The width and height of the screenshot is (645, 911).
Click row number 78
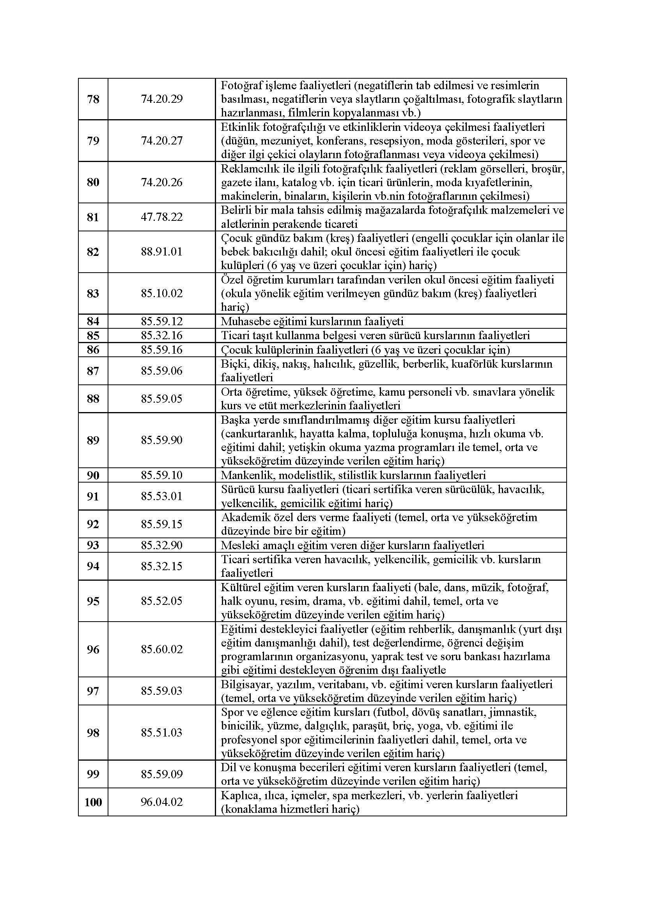click(x=93, y=99)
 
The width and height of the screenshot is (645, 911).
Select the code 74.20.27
click(x=162, y=141)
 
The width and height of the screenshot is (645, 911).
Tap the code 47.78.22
click(x=162, y=217)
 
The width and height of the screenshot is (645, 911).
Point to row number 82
click(x=93, y=252)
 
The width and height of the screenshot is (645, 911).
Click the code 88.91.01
click(x=162, y=252)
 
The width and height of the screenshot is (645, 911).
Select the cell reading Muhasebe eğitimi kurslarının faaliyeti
click(x=312, y=321)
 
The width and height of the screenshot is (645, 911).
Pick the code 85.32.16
click(x=162, y=336)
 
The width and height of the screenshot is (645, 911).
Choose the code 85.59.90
click(x=162, y=441)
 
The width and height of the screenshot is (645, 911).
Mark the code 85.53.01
click(x=162, y=496)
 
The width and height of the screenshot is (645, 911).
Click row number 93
click(x=93, y=545)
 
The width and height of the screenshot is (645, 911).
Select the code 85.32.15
click(x=162, y=566)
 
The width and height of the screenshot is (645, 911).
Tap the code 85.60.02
click(x=162, y=650)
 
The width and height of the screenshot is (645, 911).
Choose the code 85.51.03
click(x=162, y=733)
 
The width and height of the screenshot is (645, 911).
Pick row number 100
click(x=93, y=802)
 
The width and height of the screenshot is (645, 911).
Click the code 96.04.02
click(x=162, y=802)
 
